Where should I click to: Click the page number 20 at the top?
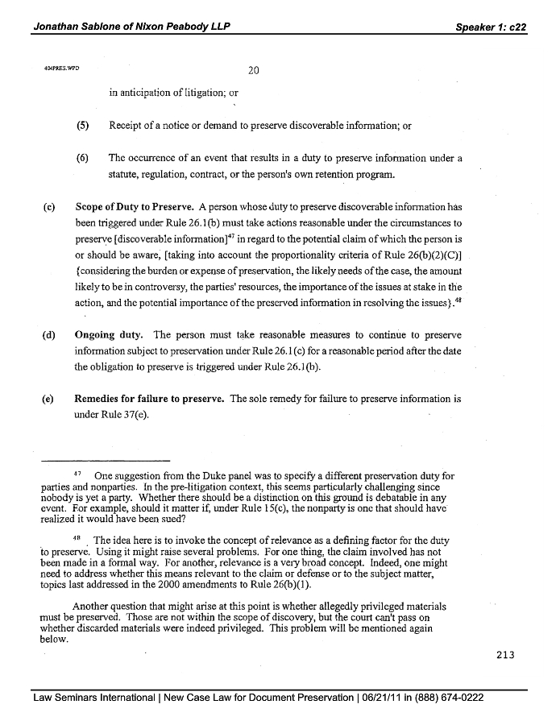click(x=252, y=70)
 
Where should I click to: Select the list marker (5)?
click(x=81, y=125)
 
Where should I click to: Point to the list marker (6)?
click(x=81, y=158)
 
